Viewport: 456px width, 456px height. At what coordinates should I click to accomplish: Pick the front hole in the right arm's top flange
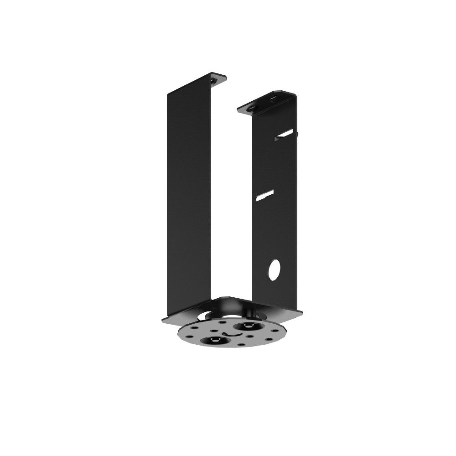point(252,108)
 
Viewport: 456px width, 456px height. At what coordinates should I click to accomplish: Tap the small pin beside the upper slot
point(297,134)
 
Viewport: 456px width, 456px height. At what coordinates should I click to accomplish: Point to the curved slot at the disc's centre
point(233,334)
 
